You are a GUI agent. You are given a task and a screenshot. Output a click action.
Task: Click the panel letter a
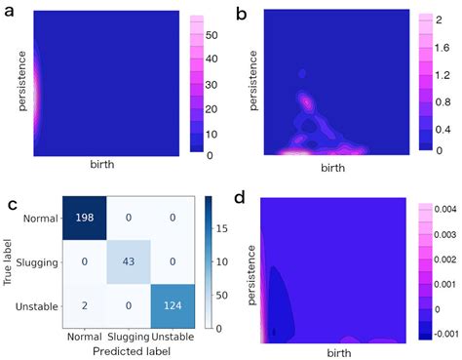pyautogui.click(x=9, y=13)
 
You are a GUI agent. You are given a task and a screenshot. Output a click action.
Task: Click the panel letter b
pyautogui.click(x=242, y=13)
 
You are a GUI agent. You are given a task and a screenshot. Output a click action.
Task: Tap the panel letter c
pyautogui.click(x=10, y=205)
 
